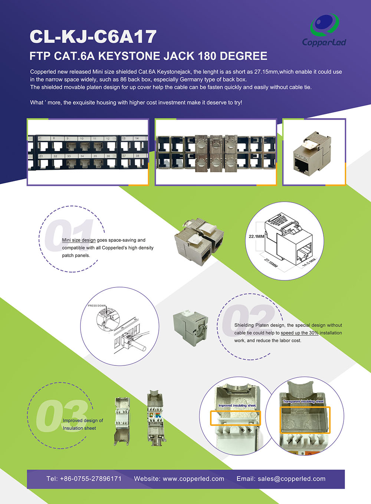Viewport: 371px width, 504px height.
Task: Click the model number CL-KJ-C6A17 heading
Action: [93, 36]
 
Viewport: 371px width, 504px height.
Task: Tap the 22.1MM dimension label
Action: [256, 237]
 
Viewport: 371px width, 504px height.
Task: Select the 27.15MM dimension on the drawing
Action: [271, 263]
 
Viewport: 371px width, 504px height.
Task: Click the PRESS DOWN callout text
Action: [96, 306]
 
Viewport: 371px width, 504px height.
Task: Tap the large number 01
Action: [69, 235]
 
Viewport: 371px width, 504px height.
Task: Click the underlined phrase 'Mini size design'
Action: [79, 240]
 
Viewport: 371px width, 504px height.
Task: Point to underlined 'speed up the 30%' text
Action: [299, 333]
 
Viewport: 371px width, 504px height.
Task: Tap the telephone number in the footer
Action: [84, 479]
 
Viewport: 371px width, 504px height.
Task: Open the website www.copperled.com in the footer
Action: [179, 479]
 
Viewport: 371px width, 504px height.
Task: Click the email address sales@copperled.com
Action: [281, 479]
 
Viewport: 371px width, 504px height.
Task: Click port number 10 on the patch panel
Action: [82, 139]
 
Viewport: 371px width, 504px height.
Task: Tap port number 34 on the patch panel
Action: [82, 156]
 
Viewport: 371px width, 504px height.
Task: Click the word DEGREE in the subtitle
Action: [244, 56]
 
